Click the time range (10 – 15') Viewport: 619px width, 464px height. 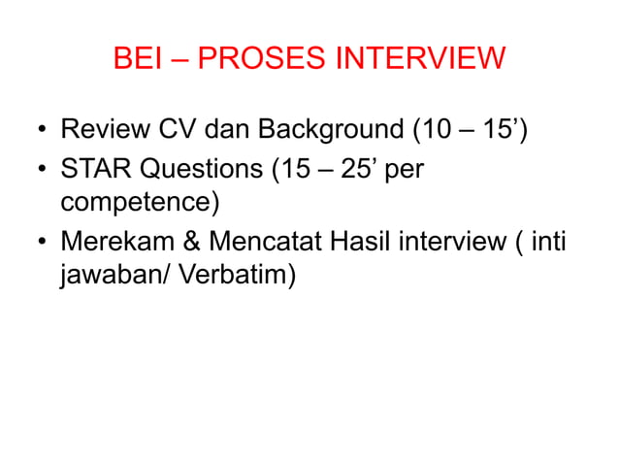coord(469,128)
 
